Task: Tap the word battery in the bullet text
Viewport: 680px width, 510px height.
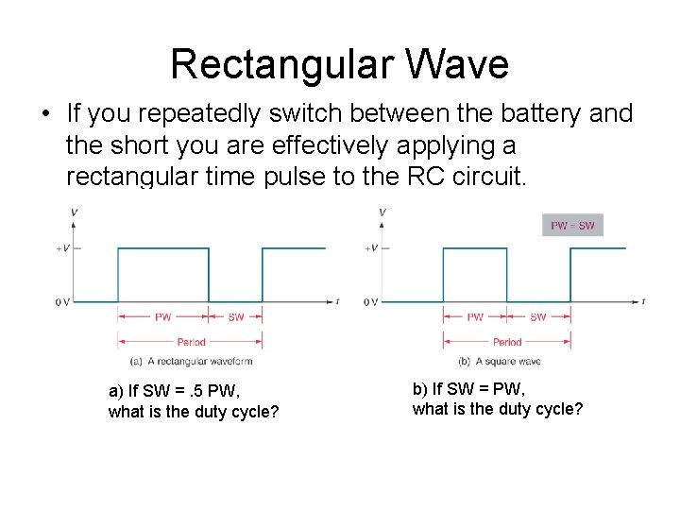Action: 539,114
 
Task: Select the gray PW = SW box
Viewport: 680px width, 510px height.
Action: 573,226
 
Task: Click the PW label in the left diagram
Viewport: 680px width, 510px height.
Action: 163,317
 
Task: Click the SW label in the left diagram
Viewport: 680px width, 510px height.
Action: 236,317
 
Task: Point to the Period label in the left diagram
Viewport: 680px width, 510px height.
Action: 191,342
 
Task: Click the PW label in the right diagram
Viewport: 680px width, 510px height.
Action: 475,317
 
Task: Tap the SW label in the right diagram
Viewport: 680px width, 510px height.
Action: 537,317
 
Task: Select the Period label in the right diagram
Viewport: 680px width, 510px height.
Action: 507,342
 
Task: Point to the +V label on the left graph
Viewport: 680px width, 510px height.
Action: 62,248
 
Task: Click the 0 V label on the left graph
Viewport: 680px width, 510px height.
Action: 61,302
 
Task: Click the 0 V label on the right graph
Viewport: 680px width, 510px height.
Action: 370,302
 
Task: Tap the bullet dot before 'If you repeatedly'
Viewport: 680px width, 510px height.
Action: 44,115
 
